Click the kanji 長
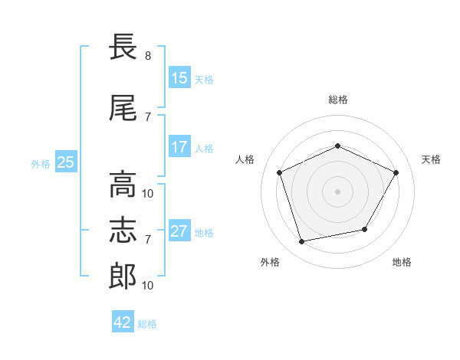click(x=123, y=46)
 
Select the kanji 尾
click(x=123, y=108)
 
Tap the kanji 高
click(x=123, y=185)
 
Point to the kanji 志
click(x=123, y=231)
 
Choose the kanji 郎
click(x=123, y=277)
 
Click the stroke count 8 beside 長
click(x=148, y=56)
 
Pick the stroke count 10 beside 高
click(x=147, y=194)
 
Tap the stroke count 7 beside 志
click(x=148, y=240)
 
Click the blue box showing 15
click(x=179, y=77)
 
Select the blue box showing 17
click(x=179, y=146)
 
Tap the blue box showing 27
click(x=179, y=230)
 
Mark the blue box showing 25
click(x=66, y=162)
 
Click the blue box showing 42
click(x=123, y=321)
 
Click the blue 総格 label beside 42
click(x=147, y=324)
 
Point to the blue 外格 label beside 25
click(x=41, y=164)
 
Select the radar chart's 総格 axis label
click(x=338, y=100)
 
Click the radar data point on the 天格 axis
click(x=396, y=172)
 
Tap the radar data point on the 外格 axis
click(x=301, y=241)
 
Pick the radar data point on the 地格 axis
click(x=365, y=229)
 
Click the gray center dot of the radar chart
click(x=337, y=191)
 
